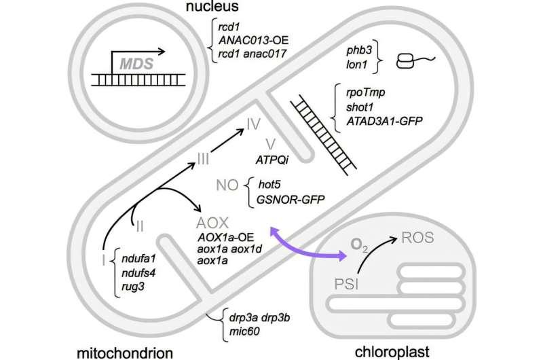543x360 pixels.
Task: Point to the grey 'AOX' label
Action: pyautogui.click(x=208, y=223)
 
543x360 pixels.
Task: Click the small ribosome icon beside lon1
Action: pyautogui.click(x=406, y=59)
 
